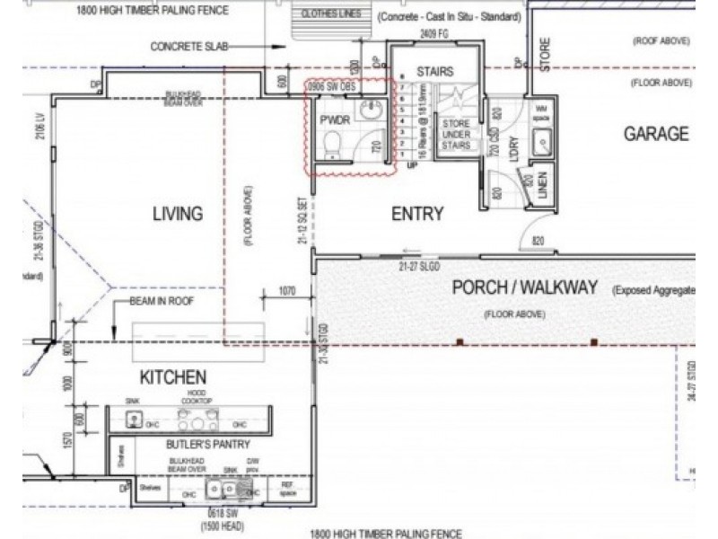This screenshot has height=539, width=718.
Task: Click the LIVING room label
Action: tap(177, 213)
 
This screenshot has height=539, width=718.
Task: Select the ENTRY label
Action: tap(418, 213)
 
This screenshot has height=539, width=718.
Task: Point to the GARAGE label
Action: tap(656, 134)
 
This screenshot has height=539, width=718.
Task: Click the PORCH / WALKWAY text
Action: tap(524, 288)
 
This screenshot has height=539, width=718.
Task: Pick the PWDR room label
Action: tap(333, 119)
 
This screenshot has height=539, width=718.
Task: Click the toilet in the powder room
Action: tap(331, 145)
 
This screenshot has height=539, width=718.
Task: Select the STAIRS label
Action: tap(434, 72)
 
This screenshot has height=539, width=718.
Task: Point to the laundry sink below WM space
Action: tap(543, 142)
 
